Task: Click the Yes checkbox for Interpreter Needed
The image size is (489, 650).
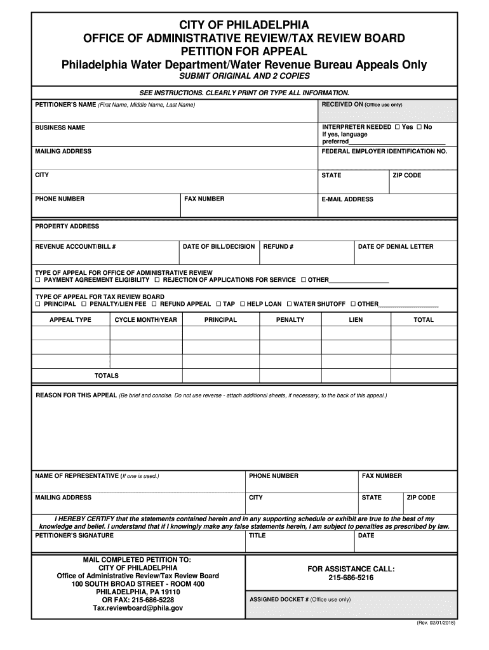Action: click(398, 127)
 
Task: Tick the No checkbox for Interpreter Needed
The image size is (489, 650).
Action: click(419, 127)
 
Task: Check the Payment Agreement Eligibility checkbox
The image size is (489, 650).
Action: click(37, 280)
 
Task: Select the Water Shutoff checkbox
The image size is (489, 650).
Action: click(289, 304)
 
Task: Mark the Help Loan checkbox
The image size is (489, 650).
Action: click(242, 304)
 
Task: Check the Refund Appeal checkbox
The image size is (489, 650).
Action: click(155, 304)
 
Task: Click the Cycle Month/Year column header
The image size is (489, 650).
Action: click(145, 320)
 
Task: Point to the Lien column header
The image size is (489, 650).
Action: click(356, 320)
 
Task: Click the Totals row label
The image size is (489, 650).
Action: click(107, 376)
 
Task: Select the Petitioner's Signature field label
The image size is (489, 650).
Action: click(74, 535)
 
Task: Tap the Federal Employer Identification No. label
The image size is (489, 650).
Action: click(384, 152)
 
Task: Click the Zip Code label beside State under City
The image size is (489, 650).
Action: click(407, 175)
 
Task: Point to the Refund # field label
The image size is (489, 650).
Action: click(278, 246)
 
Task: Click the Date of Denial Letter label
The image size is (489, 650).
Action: click(396, 246)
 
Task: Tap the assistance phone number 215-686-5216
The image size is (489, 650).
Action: click(351, 578)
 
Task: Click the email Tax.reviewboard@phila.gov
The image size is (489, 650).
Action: click(138, 607)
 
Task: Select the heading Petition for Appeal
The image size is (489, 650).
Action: click(245, 51)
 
